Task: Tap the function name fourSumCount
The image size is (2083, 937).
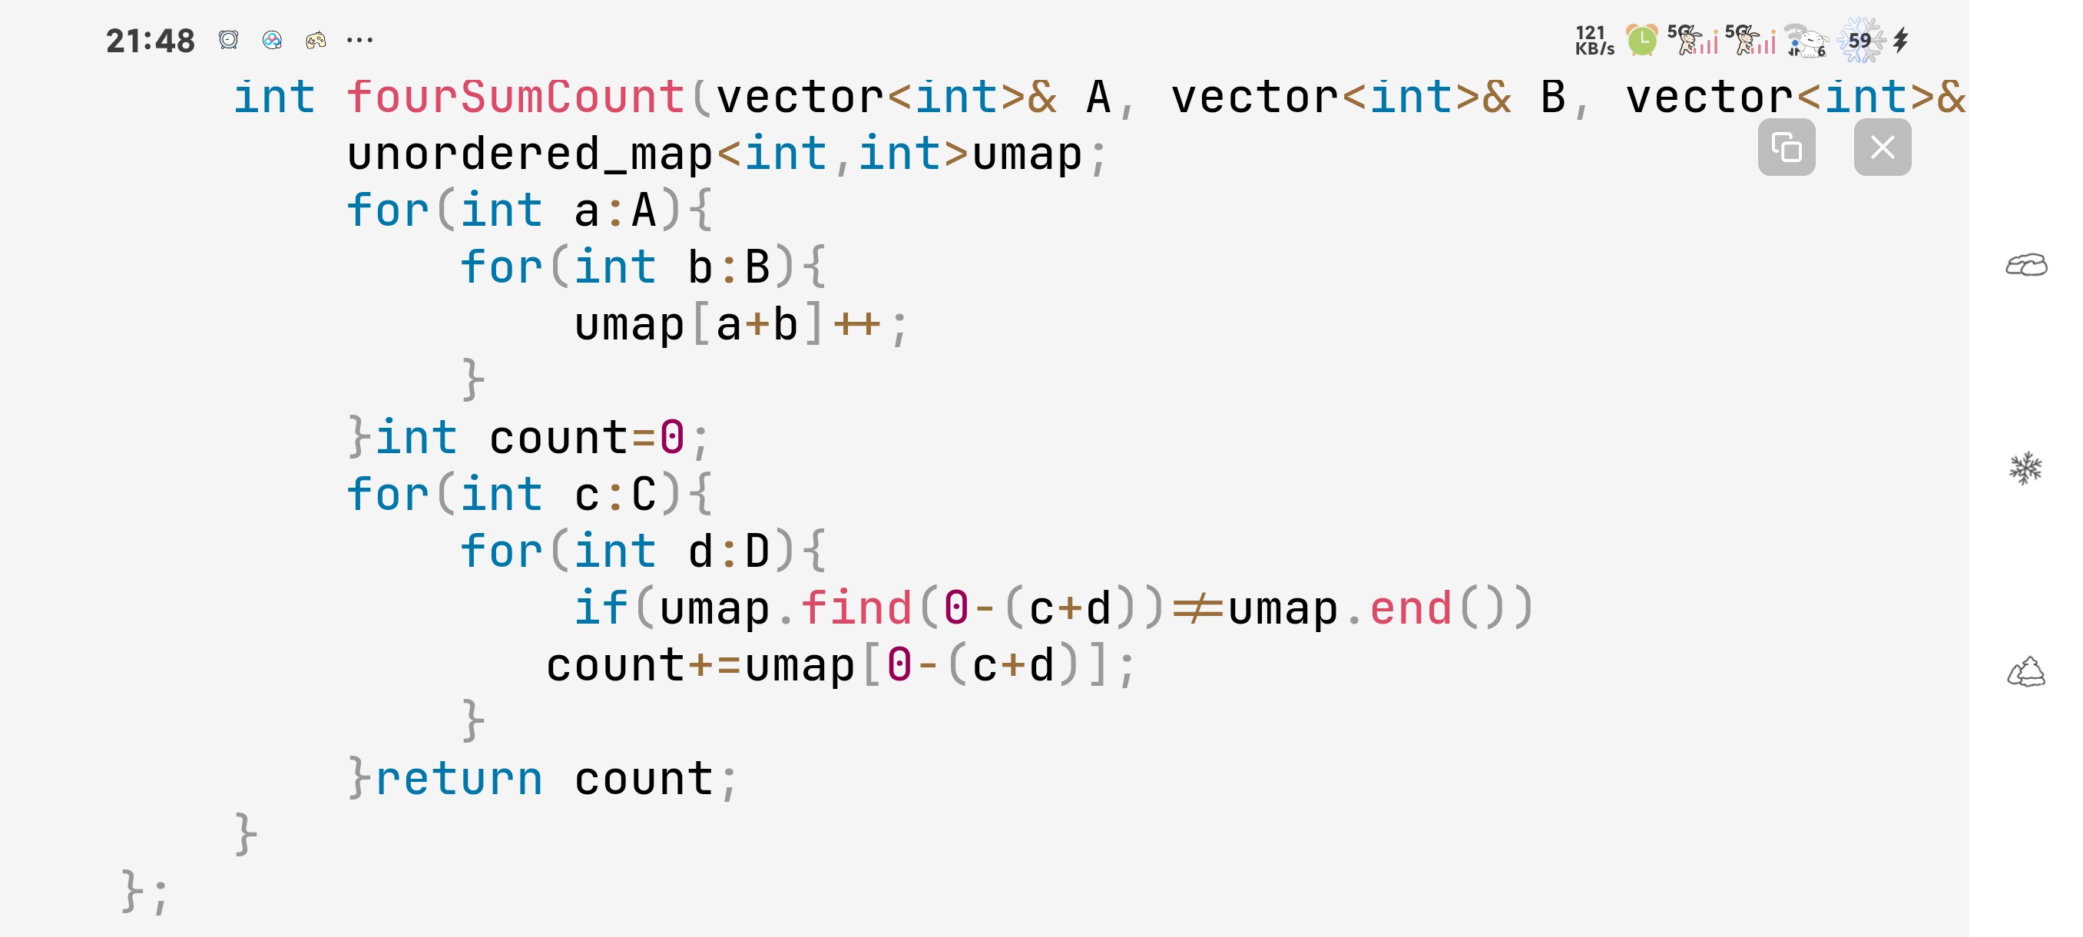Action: (x=516, y=98)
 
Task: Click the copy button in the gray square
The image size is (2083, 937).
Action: (x=1787, y=147)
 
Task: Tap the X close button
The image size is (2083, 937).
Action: (x=1882, y=147)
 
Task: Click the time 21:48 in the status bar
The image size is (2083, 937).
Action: (x=151, y=41)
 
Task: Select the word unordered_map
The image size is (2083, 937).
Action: (x=530, y=154)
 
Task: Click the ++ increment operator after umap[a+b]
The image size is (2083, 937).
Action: (x=857, y=325)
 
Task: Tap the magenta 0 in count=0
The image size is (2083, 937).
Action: (x=672, y=439)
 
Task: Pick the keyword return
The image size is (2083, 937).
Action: (x=459, y=780)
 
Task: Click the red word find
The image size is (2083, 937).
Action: (x=856, y=609)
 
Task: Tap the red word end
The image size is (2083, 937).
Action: (x=1411, y=609)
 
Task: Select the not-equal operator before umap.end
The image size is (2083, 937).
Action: (x=1197, y=609)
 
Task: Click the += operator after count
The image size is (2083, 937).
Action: (x=714, y=666)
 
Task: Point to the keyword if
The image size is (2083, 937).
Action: (x=601, y=609)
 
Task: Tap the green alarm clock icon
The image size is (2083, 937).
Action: (x=1641, y=40)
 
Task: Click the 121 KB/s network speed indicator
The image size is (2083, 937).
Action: (x=1594, y=41)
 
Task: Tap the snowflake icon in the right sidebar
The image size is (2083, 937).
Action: (x=2025, y=468)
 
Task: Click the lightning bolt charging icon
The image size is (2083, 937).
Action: (x=1901, y=40)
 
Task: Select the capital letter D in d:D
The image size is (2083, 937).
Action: (x=757, y=552)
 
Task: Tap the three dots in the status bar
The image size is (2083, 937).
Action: (x=359, y=40)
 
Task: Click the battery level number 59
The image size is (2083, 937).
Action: (x=1859, y=41)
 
